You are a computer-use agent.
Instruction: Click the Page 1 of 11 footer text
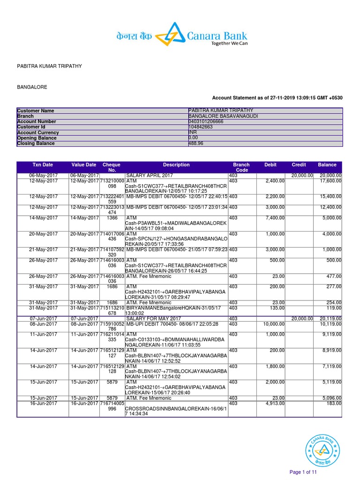click(303, 472)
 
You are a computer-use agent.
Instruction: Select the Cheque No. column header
click(112, 167)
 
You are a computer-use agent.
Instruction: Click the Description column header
click(176, 165)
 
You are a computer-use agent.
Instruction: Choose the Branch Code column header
click(241, 167)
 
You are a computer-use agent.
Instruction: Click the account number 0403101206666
click(206, 121)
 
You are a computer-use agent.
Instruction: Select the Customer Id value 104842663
click(201, 127)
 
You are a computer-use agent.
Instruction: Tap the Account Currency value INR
click(192, 133)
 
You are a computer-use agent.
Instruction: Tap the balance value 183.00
click(334, 404)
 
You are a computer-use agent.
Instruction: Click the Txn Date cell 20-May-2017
click(43, 234)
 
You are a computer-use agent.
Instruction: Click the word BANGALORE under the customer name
click(32, 87)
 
